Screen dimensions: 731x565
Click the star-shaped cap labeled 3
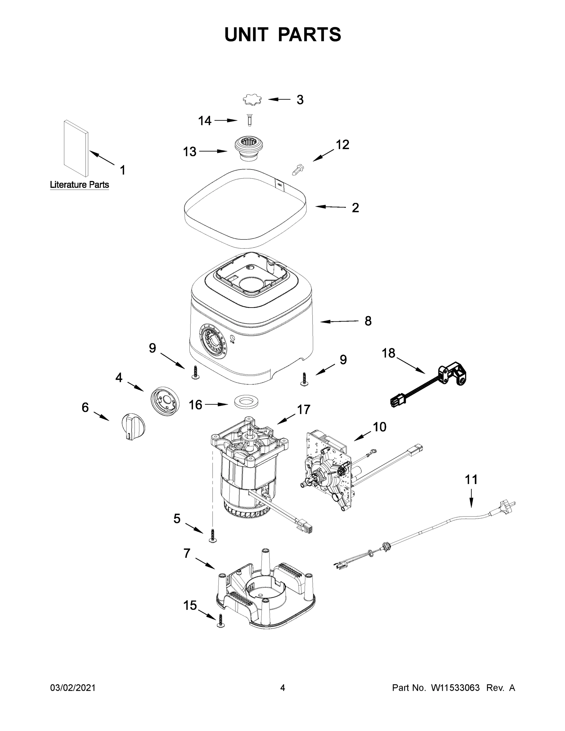coord(252,100)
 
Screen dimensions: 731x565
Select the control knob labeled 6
coord(133,427)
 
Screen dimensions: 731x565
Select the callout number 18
coord(388,353)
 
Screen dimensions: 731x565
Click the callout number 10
coord(379,427)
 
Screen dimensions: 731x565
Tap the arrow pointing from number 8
coord(339,322)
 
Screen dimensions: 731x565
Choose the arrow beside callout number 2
coord(331,207)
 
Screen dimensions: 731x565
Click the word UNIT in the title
coord(246,34)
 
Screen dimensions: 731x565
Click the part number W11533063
coord(455,688)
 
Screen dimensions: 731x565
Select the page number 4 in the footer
coord(283,688)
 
